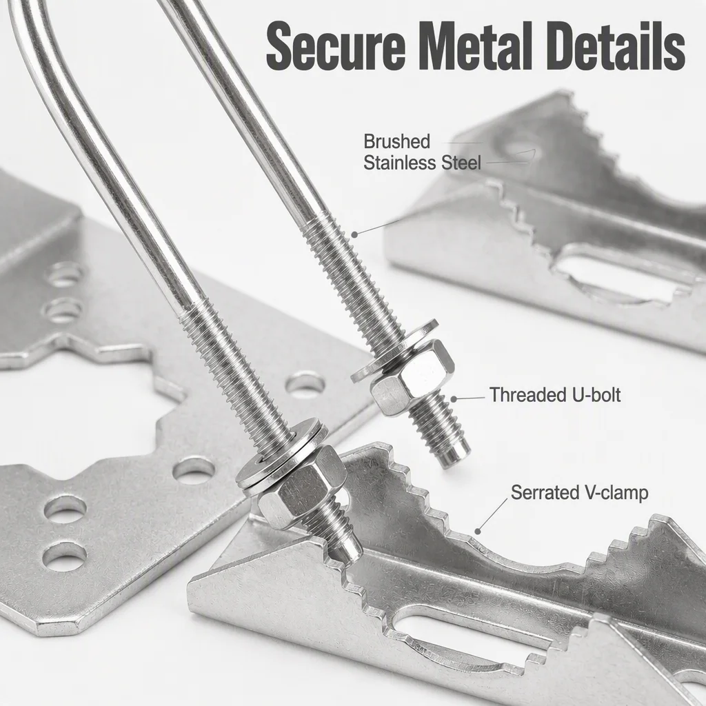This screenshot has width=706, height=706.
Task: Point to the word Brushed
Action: [396, 141]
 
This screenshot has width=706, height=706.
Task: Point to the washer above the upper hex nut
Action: [394, 350]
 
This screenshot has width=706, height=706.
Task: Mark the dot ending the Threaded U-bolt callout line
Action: [454, 399]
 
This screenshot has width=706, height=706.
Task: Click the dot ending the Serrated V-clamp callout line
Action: [478, 532]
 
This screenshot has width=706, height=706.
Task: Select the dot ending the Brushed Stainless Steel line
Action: [354, 234]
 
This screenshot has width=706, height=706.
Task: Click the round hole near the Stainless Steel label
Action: [518, 150]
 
